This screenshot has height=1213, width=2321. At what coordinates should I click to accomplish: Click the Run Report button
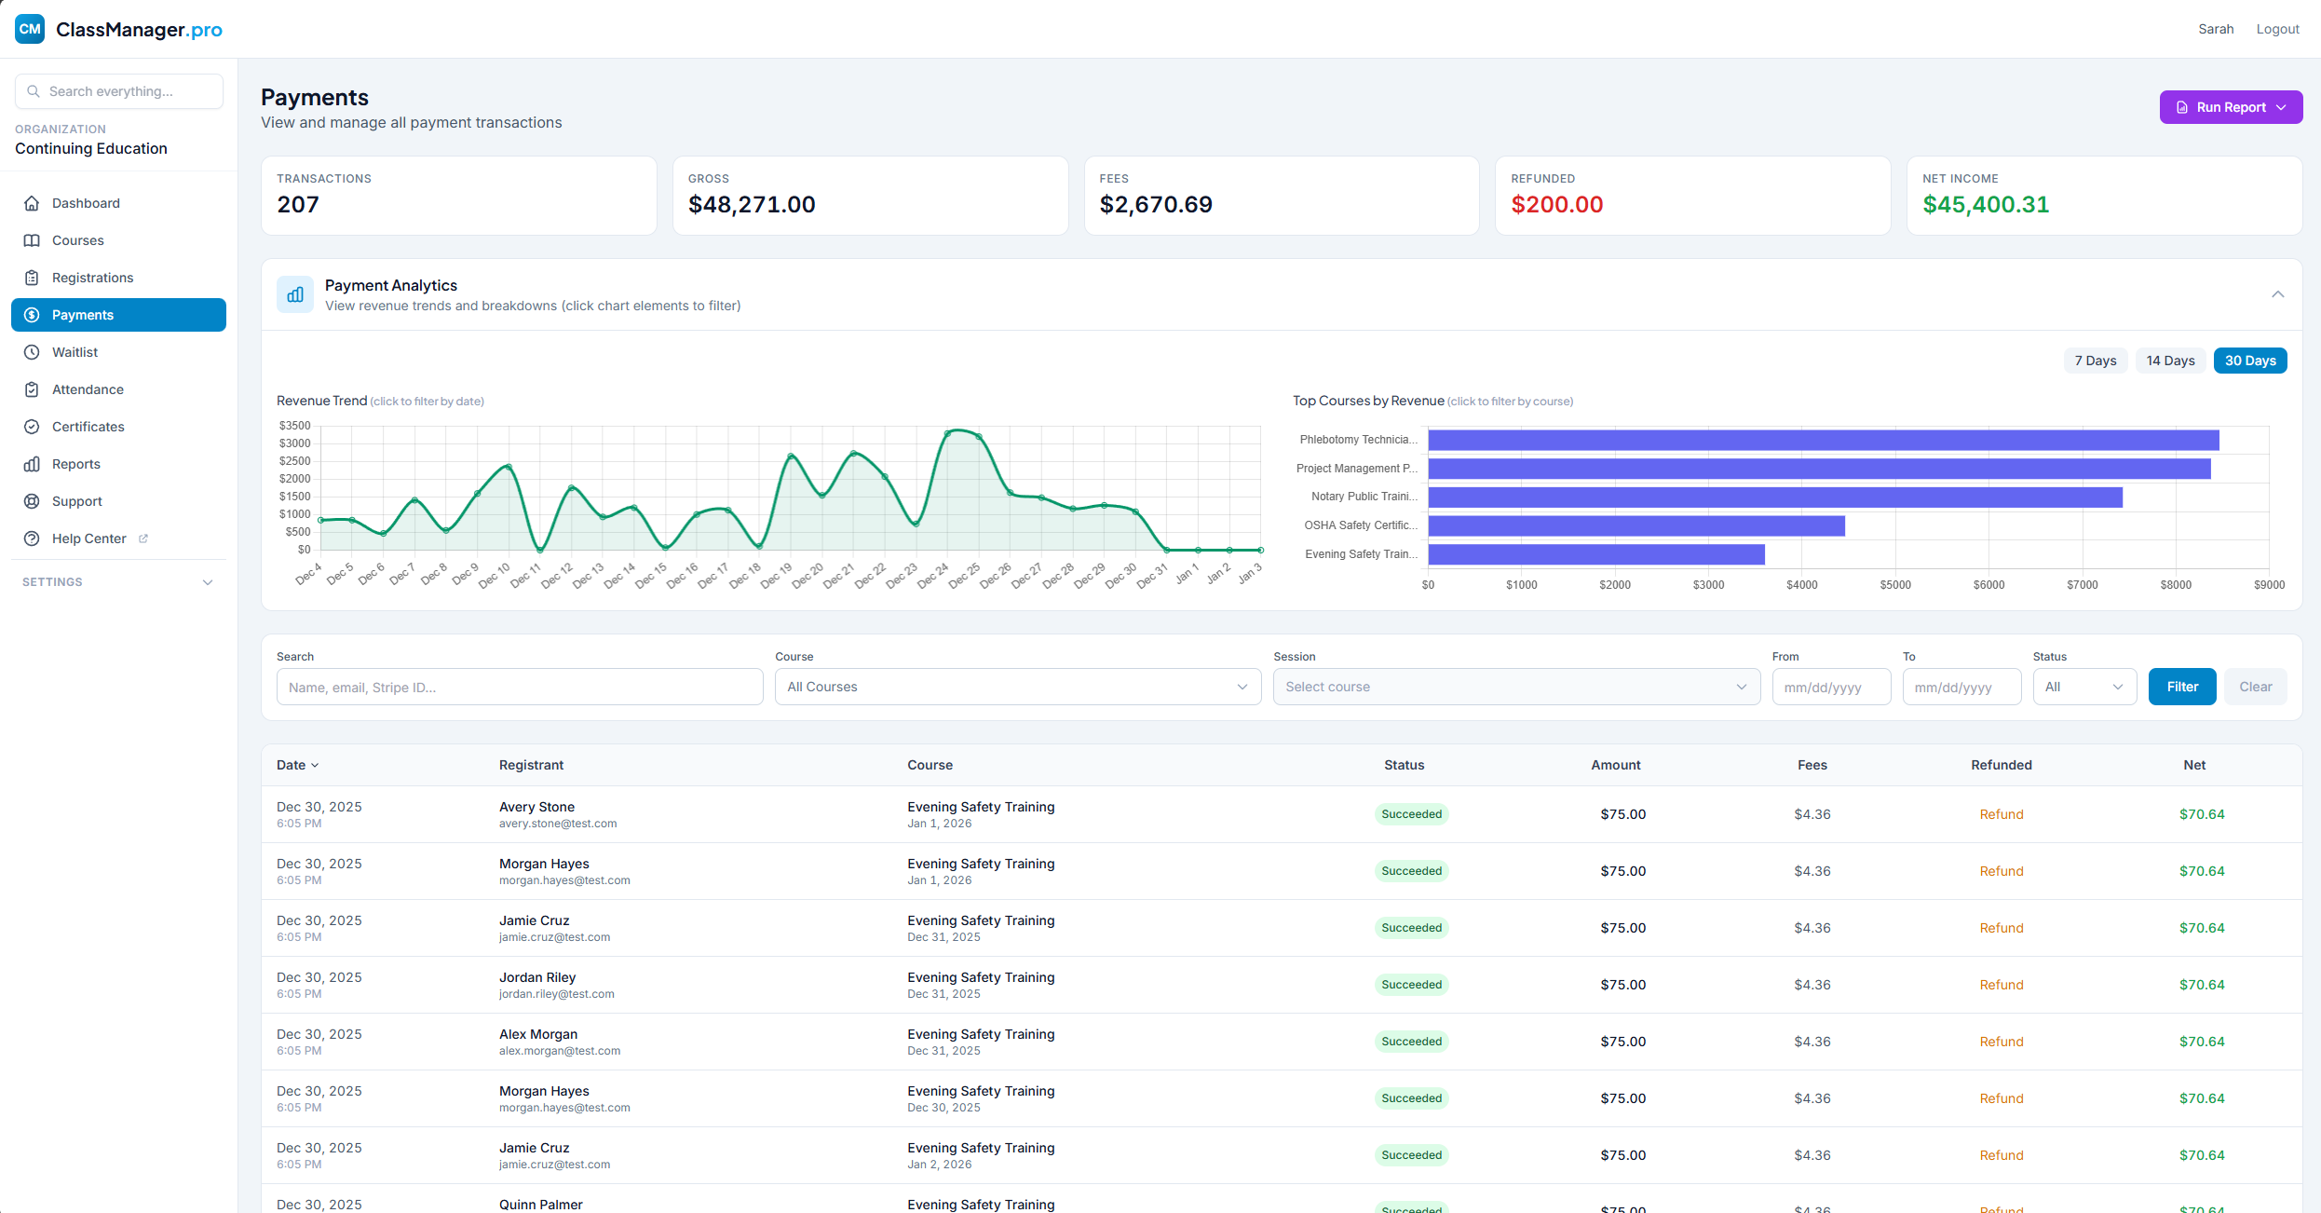(2230, 107)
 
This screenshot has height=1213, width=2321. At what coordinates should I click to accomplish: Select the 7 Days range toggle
(2095, 361)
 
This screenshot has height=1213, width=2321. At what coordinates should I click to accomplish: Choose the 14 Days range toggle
(2169, 361)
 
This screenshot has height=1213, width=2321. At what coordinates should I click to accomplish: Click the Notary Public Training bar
(1774, 497)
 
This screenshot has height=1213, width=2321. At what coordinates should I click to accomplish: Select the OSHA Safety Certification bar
(1636, 526)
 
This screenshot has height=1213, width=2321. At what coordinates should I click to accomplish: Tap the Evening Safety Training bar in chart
(1595, 555)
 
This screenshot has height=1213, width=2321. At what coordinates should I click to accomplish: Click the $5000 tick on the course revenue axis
(1894, 585)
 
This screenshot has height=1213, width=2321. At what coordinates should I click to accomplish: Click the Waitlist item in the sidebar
(75, 352)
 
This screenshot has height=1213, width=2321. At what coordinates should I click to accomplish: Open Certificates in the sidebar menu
(88, 427)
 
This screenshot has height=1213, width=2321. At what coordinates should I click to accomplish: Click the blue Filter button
(2181, 687)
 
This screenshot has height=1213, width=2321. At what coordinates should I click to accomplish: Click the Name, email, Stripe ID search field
(519, 688)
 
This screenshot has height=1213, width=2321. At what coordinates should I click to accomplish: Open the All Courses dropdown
(1017, 687)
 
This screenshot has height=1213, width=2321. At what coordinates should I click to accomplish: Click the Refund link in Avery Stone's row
(2001, 814)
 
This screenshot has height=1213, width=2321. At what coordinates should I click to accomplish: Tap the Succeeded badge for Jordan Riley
(1410, 985)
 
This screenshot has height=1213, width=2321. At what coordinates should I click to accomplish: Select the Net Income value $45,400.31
(1985, 205)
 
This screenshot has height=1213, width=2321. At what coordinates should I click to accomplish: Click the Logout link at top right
(2276, 29)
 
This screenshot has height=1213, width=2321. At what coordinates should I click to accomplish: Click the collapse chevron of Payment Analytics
(2276, 294)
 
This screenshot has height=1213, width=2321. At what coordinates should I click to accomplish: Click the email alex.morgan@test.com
(559, 1051)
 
